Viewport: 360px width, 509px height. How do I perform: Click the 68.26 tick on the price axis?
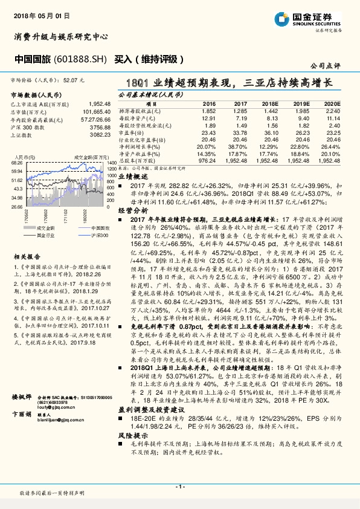[x=17, y=163]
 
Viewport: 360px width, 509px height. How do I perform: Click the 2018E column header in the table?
[x=270, y=104]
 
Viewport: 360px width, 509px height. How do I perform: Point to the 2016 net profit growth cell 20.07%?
[x=206, y=147]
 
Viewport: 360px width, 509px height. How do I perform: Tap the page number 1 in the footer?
[x=179, y=487]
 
